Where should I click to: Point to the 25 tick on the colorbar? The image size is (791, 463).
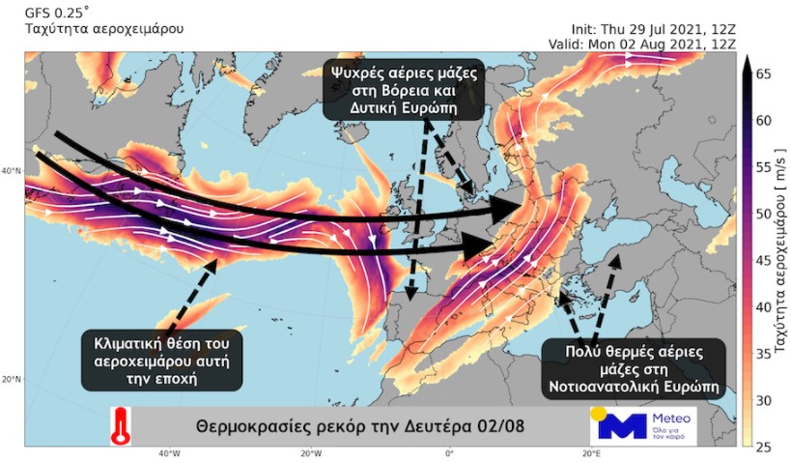pos(763,447)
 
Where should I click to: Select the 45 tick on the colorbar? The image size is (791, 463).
pos(763,260)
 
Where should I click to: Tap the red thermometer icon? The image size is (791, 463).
pos(121,424)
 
